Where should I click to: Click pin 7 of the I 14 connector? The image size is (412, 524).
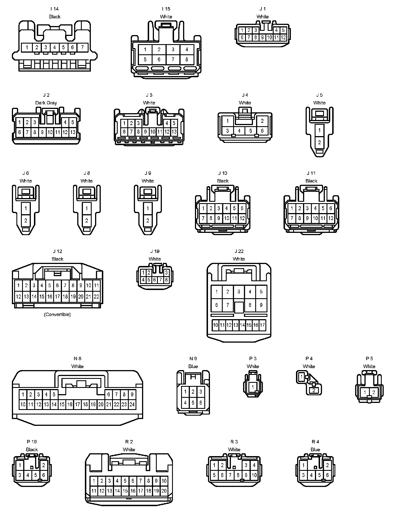tap(82, 47)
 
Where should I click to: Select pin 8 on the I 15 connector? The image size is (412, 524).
tap(187, 59)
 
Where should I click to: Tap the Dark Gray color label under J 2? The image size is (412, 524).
tap(46, 103)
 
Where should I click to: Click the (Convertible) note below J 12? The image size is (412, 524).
tap(57, 314)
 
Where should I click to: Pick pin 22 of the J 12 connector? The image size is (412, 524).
tap(96, 297)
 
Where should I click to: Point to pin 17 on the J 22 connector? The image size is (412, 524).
tap(262, 325)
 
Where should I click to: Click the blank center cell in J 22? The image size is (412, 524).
tap(239, 307)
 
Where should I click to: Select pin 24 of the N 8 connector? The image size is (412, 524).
tap(132, 404)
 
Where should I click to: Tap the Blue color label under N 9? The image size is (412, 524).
tap(193, 366)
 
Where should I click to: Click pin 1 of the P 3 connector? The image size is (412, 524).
tap(253, 387)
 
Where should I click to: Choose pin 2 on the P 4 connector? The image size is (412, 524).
tap(314, 390)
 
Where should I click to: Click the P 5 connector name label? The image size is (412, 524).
tap(369, 358)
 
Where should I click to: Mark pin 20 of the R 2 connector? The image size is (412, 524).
tap(164, 491)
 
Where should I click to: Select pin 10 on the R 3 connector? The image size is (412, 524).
tap(254, 475)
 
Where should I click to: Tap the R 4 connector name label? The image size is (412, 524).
tap(315, 442)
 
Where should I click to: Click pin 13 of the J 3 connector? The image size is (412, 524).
tap(174, 132)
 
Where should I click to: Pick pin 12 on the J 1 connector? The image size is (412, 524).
tap(283, 37)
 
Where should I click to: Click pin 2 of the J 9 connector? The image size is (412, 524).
tap(148, 220)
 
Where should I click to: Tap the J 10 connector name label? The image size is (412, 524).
tap(223, 173)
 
